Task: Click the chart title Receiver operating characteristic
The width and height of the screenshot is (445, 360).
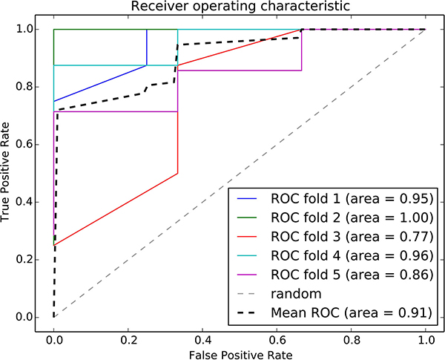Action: tap(240, 6)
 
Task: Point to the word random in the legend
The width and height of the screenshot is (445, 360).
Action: tap(296, 294)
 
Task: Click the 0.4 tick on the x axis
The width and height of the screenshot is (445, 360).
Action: tap(202, 340)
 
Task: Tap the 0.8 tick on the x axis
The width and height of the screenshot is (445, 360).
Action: tap(351, 340)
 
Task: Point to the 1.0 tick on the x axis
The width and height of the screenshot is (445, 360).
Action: tap(426, 340)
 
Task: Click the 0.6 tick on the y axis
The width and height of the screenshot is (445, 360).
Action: tap(24, 144)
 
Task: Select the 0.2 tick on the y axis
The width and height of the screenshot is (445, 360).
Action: tap(24, 260)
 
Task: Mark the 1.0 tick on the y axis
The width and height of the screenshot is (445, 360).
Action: tap(24, 29)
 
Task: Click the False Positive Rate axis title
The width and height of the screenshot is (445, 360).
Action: tap(240, 355)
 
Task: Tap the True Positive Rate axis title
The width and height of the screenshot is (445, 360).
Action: tap(5, 172)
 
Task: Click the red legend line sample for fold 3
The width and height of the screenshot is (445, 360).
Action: tap(247, 237)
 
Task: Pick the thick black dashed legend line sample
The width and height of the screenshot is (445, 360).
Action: tap(247, 312)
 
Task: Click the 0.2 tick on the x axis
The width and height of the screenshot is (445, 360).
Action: tap(128, 340)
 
